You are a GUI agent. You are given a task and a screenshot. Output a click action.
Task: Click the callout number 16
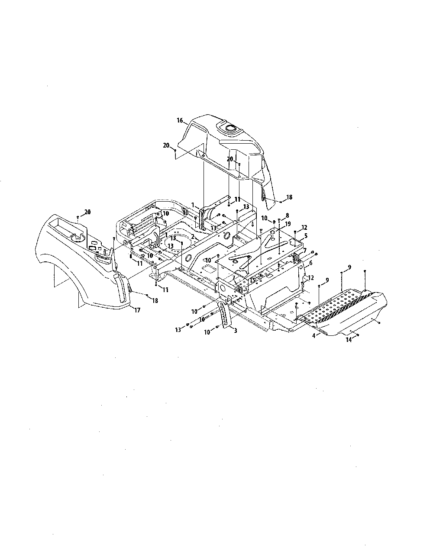tap(180, 120)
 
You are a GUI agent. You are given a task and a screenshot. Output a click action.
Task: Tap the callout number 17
tap(137, 310)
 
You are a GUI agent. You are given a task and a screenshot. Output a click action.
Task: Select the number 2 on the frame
tap(193, 236)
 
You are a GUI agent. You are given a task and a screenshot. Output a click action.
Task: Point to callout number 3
tap(235, 331)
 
